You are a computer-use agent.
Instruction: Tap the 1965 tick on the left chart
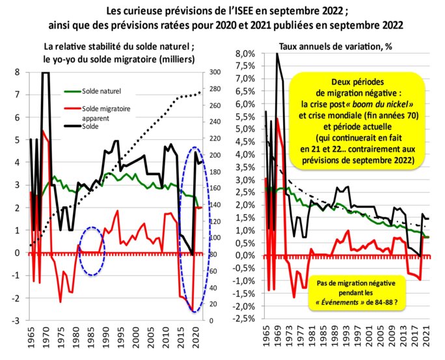(x=30, y=335)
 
